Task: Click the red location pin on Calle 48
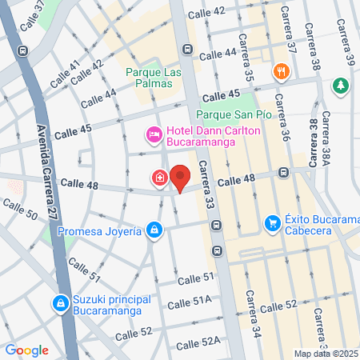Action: [180, 178]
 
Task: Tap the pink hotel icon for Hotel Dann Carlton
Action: [153, 133]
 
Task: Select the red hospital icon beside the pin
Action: [160, 178]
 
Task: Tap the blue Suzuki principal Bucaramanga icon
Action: [60, 304]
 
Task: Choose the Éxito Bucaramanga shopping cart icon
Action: [272, 222]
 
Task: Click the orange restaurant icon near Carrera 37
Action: [280, 71]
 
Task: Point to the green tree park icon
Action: [341, 85]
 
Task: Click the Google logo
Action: [26, 350]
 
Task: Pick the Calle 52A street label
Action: [198, 343]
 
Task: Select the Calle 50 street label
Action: [19, 210]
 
